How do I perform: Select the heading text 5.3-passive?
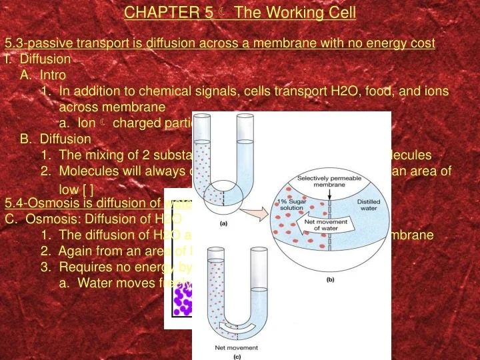39,43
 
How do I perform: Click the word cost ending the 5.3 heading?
422,43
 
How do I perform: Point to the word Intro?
53,75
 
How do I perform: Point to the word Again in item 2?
74,251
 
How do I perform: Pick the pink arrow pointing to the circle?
255,215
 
